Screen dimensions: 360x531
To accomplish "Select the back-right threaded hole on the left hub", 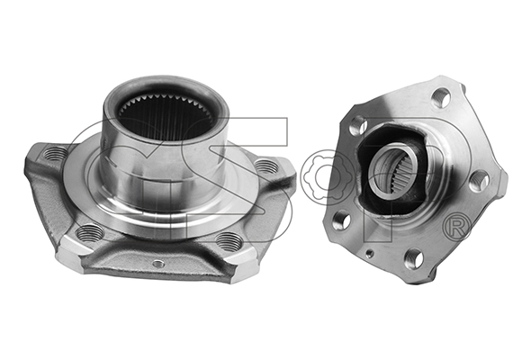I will [265, 166].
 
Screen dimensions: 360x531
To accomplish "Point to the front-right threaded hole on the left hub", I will [230, 240].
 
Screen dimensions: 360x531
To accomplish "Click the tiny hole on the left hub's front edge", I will [158, 264].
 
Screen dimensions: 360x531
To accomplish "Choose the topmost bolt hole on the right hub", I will [440, 95].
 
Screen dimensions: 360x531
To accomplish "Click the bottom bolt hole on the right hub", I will [414, 259].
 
